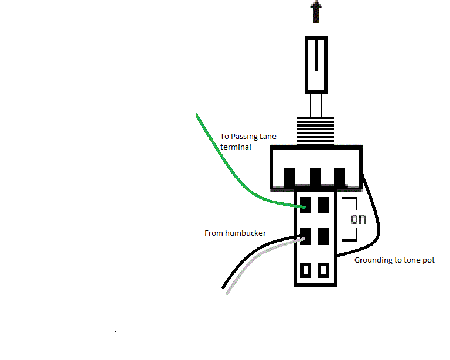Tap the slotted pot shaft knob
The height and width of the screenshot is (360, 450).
[x=316, y=64]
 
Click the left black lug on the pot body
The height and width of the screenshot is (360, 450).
[x=289, y=176]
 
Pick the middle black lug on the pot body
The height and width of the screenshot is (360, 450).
[x=315, y=176]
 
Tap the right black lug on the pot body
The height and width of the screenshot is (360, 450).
[x=339, y=176]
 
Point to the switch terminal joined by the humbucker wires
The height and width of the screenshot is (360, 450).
[x=305, y=237]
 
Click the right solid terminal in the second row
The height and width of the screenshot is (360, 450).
[x=322, y=237]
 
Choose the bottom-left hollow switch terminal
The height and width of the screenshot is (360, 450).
[x=305, y=270]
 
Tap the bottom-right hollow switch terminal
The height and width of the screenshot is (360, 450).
[x=323, y=270]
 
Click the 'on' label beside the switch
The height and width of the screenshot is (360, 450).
[x=358, y=220]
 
